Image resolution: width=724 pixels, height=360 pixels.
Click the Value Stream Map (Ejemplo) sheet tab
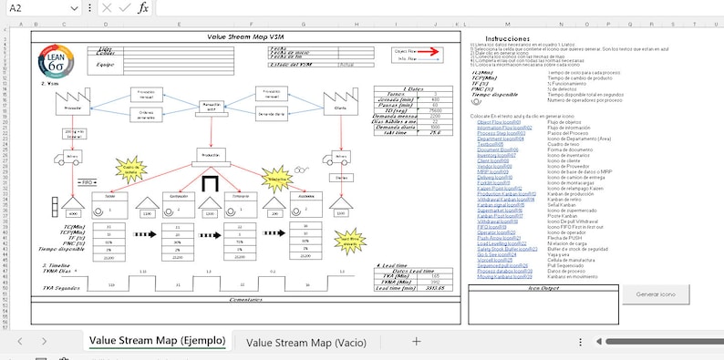pyautogui.click(x=157, y=342)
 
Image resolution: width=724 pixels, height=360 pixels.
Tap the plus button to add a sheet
pyautogui.click(x=417, y=342)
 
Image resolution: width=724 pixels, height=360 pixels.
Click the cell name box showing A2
pyautogui.click(x=36, y=8)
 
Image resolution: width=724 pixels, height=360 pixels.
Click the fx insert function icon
pyautogui.click(x=143, y=8)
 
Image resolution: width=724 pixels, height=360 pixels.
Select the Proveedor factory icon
pyautogui.click(x=74, y=104)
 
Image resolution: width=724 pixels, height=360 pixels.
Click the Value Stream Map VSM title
pyautogui.click(x=245, y=37)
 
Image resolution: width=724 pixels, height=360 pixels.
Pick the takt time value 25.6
pyautogui.click(x=435, y=132)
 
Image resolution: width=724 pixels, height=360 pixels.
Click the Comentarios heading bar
pyautogui.click(x=245, y=298)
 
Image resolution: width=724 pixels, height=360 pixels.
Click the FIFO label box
pyautogui.click(x=88, y=182)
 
